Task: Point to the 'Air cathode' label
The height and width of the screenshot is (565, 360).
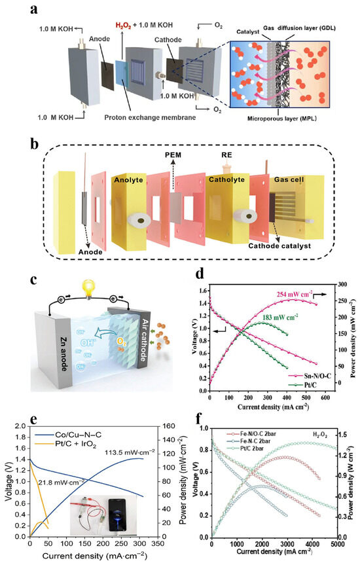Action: click(x=155, y=329)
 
